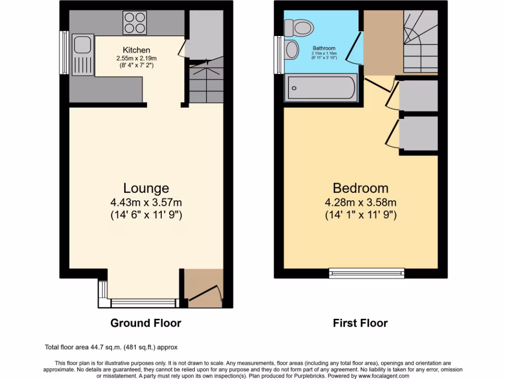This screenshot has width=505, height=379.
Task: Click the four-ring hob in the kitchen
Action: tap(135, 23)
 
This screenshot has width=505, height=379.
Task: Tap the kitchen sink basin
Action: tap(80, 45)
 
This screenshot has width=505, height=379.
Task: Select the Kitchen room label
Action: tap(137, 50)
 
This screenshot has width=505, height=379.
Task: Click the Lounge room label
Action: tap(146, 188)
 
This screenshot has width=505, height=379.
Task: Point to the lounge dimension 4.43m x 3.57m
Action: tap(146, 202)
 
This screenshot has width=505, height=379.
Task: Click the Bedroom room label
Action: tap(361, 188)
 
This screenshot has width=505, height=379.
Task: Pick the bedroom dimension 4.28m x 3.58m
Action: tap(361, 202)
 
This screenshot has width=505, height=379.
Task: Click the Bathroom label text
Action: tap(323, 48)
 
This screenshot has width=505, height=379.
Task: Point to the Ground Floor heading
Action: tap(145, 323)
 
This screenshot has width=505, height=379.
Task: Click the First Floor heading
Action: tap(360, 323)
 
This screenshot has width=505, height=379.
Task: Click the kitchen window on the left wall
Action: tap(64, 53)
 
